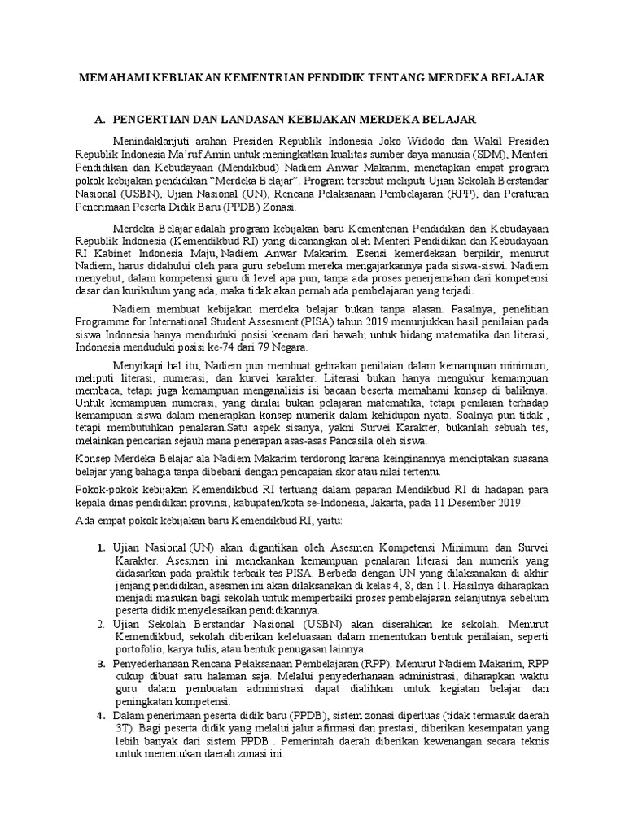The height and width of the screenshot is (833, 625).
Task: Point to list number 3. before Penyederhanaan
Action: pyautogui.click(x=101, y=663)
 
